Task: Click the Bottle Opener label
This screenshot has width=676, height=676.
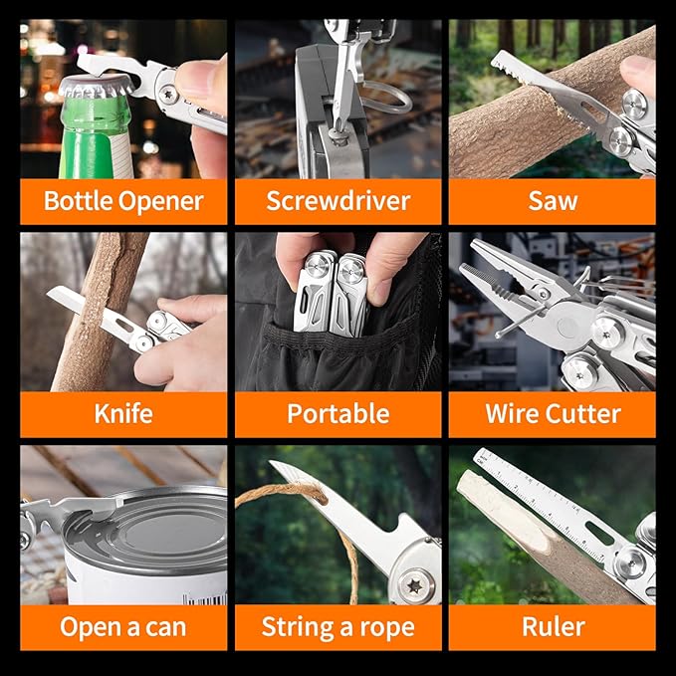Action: coord(123,201)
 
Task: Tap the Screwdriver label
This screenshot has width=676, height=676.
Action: coord(338,201)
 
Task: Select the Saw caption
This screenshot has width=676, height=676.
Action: coord(552,201)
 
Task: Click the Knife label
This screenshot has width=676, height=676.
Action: coord(123,413)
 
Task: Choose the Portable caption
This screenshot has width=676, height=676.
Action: coord(338,413)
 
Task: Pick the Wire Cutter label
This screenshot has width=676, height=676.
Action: coord(552,413)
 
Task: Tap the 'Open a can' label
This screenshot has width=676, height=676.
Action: coord(123,627)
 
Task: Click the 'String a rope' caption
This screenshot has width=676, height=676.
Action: coord(338,627)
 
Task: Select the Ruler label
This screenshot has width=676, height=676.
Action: coord(552,627)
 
